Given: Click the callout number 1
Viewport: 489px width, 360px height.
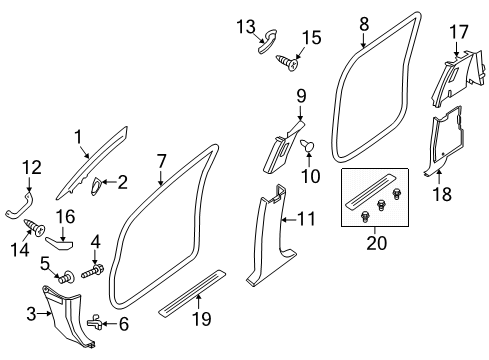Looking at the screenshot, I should [x=77, y=136].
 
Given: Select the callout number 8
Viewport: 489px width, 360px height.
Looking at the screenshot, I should [x=364, y=21].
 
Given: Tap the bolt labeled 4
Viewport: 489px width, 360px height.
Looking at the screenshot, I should [x=97, y=271].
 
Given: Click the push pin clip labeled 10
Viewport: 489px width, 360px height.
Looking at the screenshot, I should [x=309, y=148].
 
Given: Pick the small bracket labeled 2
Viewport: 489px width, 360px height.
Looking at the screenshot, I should [x=102, y=183].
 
